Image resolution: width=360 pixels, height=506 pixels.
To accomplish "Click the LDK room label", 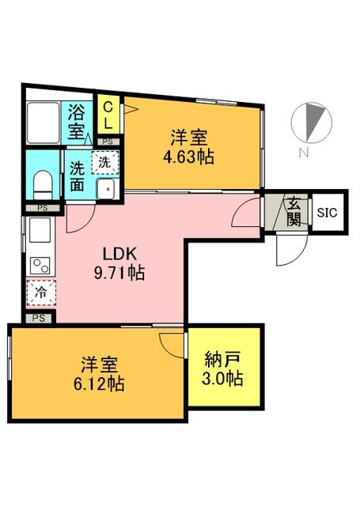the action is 119,255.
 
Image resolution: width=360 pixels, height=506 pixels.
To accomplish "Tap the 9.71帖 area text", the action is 119,273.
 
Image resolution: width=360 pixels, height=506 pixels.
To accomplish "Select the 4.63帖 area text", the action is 188,157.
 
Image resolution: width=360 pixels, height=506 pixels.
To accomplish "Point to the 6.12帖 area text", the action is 99,384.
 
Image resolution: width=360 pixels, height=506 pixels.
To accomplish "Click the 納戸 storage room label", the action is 223,361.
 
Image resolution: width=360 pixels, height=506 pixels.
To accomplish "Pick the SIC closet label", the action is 327,213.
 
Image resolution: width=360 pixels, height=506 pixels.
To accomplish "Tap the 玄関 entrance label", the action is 294,212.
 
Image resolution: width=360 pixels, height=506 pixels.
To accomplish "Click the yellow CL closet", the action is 108,114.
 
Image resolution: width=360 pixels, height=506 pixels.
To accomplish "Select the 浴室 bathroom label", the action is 76,122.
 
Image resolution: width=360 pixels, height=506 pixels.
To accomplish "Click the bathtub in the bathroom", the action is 44,123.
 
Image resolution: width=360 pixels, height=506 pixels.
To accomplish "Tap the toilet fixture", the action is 43,185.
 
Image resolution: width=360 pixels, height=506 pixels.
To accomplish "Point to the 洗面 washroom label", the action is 78,176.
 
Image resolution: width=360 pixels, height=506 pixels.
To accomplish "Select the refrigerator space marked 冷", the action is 42,293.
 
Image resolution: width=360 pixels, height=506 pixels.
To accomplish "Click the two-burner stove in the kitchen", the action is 40,266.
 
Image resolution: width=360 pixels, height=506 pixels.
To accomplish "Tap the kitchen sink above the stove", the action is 40,230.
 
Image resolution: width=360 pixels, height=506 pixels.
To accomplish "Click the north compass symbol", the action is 311,123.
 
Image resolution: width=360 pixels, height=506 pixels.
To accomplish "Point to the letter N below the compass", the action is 303,153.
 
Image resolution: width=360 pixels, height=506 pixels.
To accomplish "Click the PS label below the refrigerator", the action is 39,318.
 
